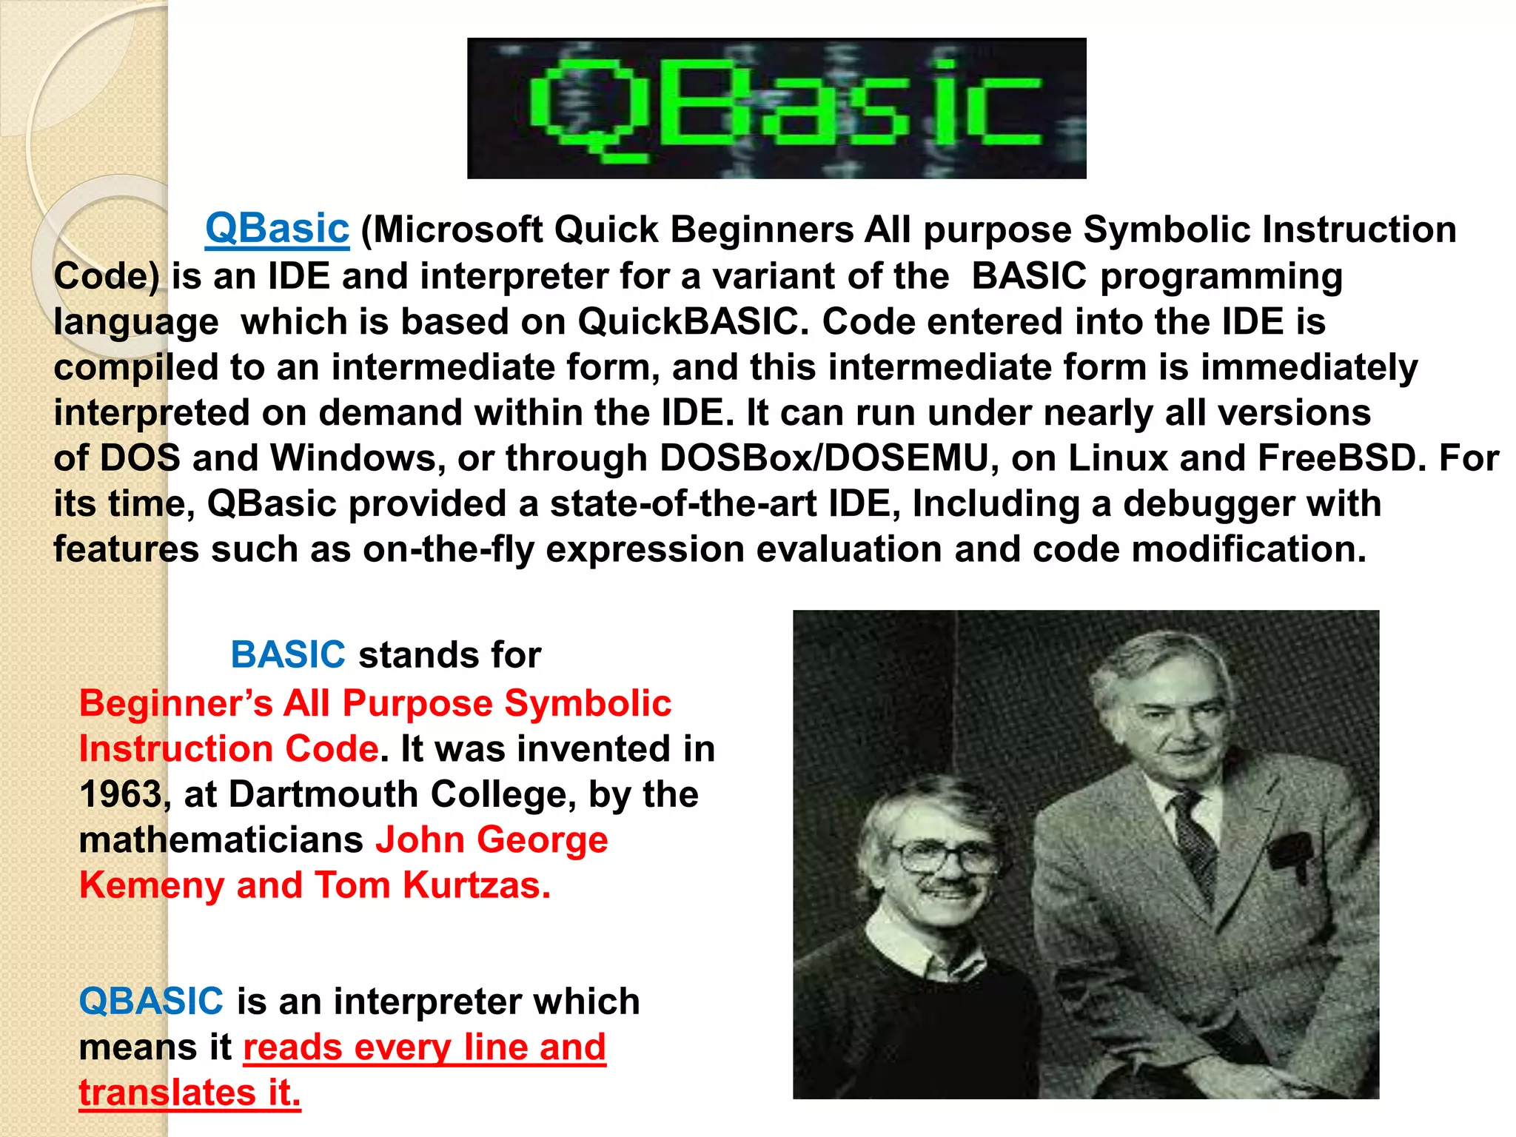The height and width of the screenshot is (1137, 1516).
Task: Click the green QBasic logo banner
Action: tap(777, 108)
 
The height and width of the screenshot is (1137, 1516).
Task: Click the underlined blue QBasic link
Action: tap(277, 229)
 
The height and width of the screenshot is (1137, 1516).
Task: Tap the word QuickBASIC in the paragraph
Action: tap(688, 322)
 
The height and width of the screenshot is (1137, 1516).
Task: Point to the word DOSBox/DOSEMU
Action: tap(824, 458)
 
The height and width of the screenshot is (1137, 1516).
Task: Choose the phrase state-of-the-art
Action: tap(682, 504)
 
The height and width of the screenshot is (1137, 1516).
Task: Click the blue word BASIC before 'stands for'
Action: tap(288, 655)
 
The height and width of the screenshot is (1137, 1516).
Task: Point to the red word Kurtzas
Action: tap(476, 886)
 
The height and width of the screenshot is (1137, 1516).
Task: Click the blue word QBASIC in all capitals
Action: tap(151, 1002)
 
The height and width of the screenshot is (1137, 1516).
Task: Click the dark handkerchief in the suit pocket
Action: tap(1292, 851)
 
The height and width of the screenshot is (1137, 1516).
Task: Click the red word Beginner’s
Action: tap(176, 703)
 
